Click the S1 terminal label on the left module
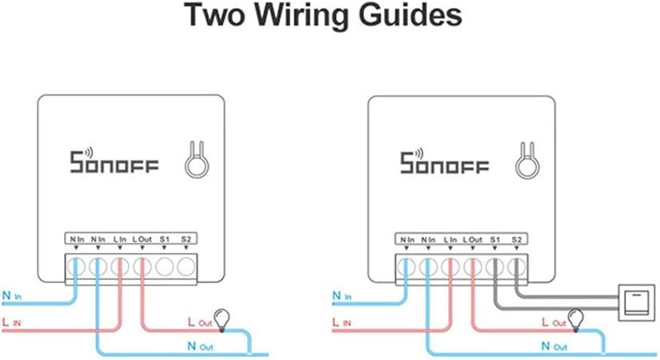pyautogui.click(x=164, y=238)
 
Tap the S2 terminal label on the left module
pyautogui.click(x=186, y=238)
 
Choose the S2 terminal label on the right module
pyautogui.click(x=516, y=238)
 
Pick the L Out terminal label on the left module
pyautogui.click(x=141, y=238)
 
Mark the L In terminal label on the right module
pyautogui.click(x=450, y=238)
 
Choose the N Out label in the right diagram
pyautogui.click(x=555, y=346)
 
